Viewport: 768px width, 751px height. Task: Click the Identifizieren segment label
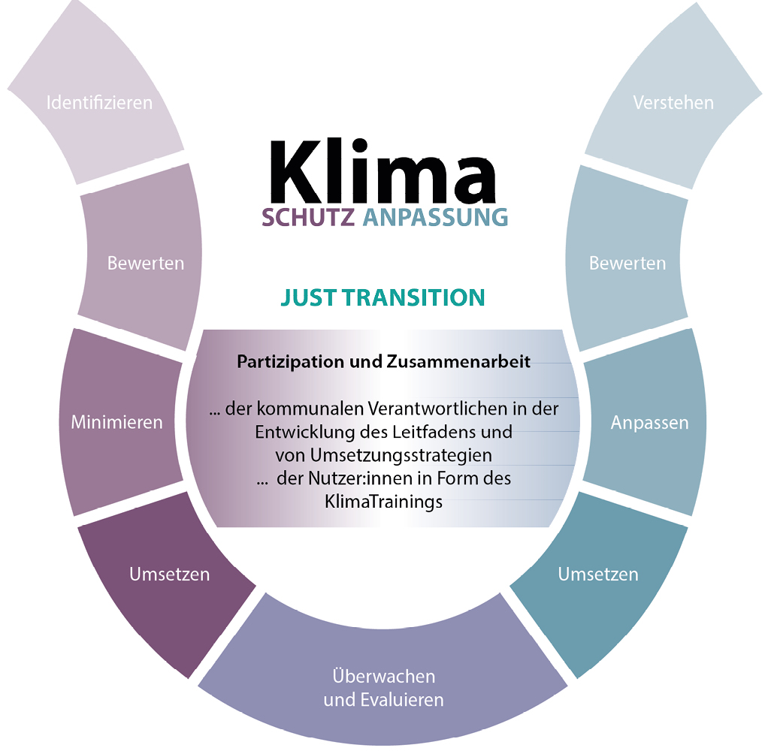(99, 102)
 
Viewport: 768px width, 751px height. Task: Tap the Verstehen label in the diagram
(673, 102)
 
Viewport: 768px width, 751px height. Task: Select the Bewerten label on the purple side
(146, 263)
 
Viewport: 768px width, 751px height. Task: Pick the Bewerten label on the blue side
(627, 264)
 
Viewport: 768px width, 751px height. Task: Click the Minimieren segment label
(116, 422)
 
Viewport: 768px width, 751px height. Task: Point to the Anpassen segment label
(649, 423)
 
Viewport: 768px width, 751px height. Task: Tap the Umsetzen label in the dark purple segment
(169, 575)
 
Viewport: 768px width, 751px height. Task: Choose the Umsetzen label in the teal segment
(598, 575)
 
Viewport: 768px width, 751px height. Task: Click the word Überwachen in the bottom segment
(384, 676)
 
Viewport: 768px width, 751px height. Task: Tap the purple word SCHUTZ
(308, 218)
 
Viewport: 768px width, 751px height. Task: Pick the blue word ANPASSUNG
(435, 218)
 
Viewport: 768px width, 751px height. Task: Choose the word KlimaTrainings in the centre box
(384, 501)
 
